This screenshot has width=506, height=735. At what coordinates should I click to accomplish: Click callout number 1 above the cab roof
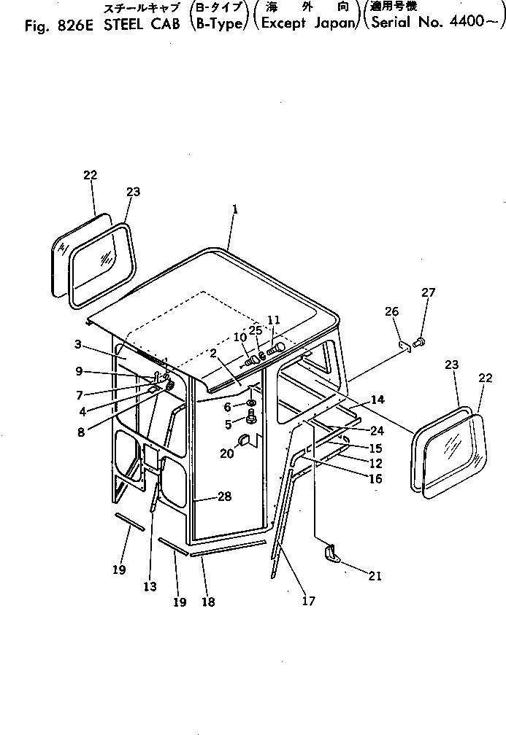point(235,209)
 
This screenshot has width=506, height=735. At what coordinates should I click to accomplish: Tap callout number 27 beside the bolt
point(428,292)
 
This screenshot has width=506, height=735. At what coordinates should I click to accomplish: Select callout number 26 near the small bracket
point(392,311)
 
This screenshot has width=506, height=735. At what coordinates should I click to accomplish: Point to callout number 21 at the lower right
point(375,576)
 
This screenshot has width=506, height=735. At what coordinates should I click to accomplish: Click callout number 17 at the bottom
point(308,602)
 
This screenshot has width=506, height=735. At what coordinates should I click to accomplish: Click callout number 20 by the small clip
point(227,453)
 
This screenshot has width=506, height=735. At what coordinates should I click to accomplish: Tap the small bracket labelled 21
point(331,553)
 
